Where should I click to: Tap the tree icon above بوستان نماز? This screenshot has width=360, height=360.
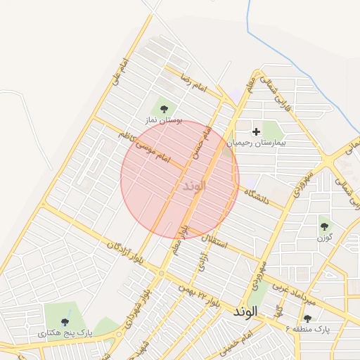(x=164, y=109)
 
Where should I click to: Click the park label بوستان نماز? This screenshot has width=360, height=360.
(x=163, y=121)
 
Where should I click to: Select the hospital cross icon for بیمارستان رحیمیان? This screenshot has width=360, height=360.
(x=256, y=131)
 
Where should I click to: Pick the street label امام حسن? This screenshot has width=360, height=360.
(x=199, y=143)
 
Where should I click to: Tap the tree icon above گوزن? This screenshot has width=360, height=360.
(x=324, y=226)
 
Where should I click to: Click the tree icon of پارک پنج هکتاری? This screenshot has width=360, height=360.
(x=65, y=321)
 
